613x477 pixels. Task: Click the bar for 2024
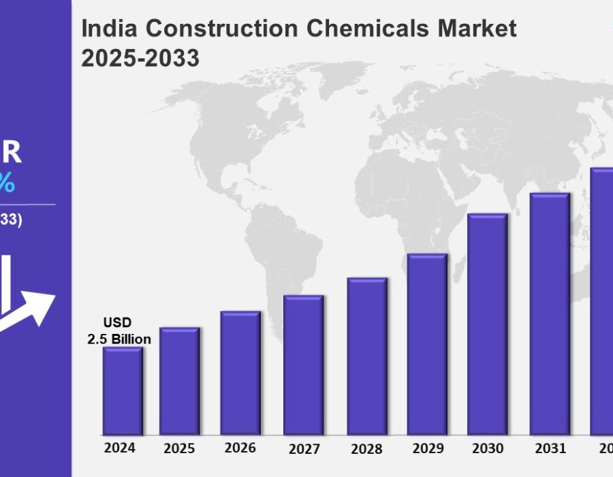point(123,391)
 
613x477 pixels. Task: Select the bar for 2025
point(180,382)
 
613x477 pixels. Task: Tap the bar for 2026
point(240,373)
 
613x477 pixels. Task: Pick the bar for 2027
point(303,365)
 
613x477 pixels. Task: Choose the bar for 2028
point(366,356)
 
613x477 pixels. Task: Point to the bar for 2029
point(427,344)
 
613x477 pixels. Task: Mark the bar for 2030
point(487,324)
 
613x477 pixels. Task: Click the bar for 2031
point(550,314)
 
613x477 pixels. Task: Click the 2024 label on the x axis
point(120,448)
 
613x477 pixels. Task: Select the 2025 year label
point(179,448)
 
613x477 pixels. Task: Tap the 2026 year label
point(240,448)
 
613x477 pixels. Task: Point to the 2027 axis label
point(303,448)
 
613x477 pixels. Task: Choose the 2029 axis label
point(427,448)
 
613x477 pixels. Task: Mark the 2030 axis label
point(487,448)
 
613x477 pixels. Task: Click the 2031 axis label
point(550,448)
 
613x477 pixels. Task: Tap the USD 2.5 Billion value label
point(119,330)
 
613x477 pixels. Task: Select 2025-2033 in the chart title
point(140,59)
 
